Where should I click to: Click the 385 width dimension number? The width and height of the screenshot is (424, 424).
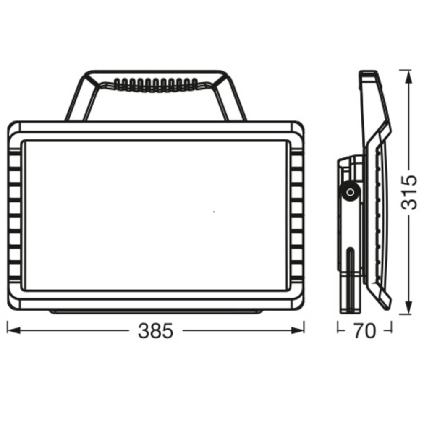[155, 331]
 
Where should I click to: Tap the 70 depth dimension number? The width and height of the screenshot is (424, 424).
[364, 331]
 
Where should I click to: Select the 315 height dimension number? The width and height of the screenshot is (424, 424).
[409, 193]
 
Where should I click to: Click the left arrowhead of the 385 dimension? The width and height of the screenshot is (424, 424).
[14, 330]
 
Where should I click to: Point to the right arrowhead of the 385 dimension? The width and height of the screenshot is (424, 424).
[298, 330]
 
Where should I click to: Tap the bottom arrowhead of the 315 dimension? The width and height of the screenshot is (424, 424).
[409, 308]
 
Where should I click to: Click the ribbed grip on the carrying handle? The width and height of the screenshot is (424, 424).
[156, 85]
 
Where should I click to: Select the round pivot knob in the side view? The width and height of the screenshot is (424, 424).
[350, 193]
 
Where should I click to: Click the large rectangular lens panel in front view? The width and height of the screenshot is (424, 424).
[156, 215]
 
